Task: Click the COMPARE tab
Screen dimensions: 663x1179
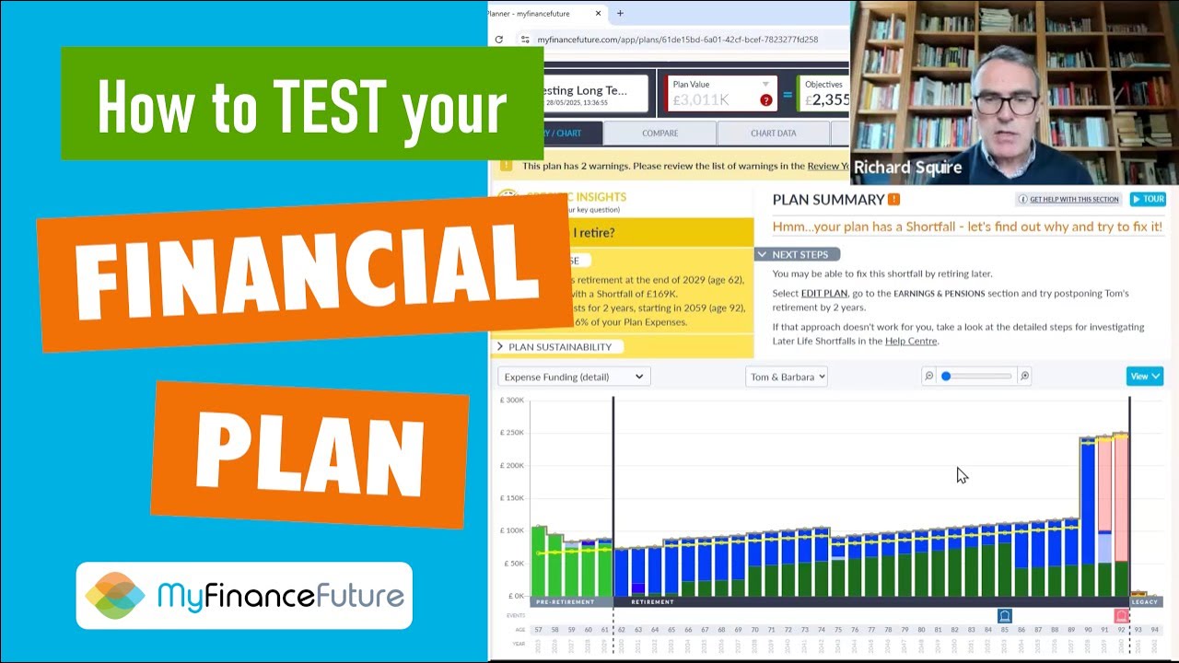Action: pos(660,133)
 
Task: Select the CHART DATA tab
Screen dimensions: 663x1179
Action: pos(773,133)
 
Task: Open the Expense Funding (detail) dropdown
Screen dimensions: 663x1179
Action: pos(574,376)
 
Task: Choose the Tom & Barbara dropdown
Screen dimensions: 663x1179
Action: pos(786,376)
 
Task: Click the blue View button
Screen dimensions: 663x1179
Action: pos(1144,376)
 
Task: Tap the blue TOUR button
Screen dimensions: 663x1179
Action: pos(1148,199)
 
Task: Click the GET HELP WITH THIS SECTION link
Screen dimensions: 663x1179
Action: pos(1068,199)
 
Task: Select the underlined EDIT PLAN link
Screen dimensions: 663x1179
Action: pos(823,293)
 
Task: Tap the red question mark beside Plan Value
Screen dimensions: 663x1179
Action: pos(765,100)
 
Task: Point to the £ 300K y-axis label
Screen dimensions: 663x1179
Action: pos(511,400)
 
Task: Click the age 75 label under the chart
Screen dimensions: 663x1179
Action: pos(838,630)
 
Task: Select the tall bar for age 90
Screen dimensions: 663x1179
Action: pos(1088,516)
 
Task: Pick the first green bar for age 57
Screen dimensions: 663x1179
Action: pos(539,562)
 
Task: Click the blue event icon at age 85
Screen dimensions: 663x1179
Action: pos(1005,616)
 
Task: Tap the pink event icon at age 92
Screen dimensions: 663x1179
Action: pos(1121,616)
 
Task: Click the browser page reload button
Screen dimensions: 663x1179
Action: pos(499,40)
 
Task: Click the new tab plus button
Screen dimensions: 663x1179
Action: pos(620,13)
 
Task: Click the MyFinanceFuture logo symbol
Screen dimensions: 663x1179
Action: pos(115,595)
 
